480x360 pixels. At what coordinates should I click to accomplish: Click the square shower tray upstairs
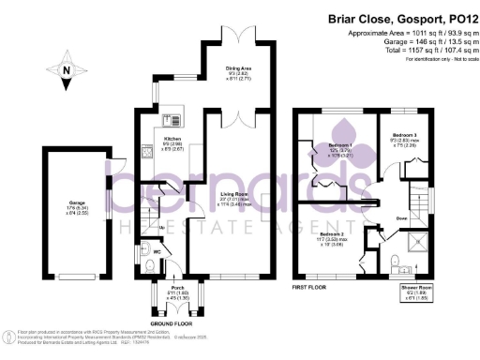tap(414, 262)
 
